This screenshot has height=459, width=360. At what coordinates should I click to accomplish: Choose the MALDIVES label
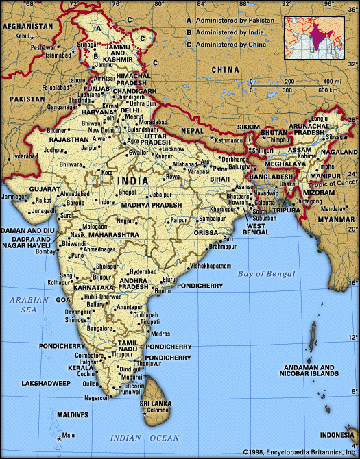tap(71, 415)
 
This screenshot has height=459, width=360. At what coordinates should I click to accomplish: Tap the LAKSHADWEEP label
tap(47, 383)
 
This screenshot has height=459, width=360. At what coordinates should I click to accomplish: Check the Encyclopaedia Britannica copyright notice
tap(301, 453)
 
